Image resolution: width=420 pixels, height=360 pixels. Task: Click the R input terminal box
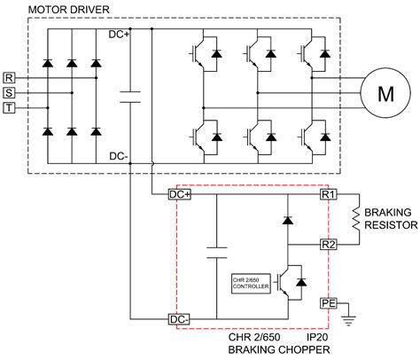9,78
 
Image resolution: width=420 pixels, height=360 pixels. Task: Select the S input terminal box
9,93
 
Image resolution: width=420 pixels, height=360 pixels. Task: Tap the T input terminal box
9,108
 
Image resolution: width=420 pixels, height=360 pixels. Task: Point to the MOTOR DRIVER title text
68,10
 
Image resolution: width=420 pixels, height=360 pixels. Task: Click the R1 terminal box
329,194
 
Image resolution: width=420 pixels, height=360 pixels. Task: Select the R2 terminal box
329,245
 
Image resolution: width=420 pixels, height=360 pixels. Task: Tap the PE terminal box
329,303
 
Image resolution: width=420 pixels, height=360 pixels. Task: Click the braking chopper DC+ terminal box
180,194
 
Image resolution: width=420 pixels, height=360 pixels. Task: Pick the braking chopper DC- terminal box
179,319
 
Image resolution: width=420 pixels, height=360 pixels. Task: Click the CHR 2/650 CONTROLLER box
251,284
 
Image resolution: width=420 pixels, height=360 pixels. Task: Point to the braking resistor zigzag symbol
356,219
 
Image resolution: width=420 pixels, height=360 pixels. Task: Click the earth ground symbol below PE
348,321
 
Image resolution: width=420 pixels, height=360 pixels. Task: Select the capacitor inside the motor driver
130,98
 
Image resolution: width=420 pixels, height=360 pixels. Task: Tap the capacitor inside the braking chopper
216,253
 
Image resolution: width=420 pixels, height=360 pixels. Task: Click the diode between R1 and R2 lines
288,220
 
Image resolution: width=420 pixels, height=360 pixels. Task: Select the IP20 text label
317,337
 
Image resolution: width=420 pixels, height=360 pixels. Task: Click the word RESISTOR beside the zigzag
391,225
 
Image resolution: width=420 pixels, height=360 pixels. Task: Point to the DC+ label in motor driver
119,35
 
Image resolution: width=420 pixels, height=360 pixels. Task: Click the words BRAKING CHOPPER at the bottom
279,349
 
